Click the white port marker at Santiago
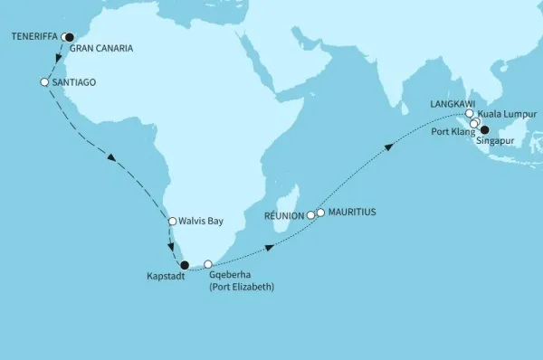click(43, 82)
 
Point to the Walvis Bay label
click(201, 221)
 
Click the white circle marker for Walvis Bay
click(172, 221)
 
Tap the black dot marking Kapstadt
click(186, 265)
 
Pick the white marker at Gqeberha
click(208, 264)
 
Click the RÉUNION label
click(282, 217)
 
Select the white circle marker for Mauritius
click(320, 213)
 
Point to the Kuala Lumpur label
click(507, 115)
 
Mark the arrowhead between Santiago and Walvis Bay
click(112, 159)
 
